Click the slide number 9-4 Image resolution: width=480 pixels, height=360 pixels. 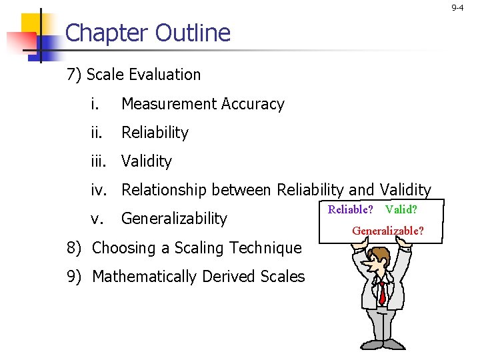[x=457, y=7]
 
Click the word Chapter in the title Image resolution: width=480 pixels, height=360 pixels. [x=107, y=33]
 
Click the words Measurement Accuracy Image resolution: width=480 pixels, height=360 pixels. [x=203, y=104]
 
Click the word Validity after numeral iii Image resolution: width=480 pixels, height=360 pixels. [x=147, y=161]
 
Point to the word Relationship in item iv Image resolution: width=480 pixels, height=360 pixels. [x=163, y=190]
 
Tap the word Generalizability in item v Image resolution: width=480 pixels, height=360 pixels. [x=175, y=219]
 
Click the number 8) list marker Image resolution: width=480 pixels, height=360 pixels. [x=75, y=248]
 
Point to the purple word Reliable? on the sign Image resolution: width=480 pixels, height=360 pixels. [x=350, y=210]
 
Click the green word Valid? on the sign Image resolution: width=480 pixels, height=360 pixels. [x=401, y=210]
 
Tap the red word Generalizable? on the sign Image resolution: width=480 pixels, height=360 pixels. [x=387, y=231]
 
